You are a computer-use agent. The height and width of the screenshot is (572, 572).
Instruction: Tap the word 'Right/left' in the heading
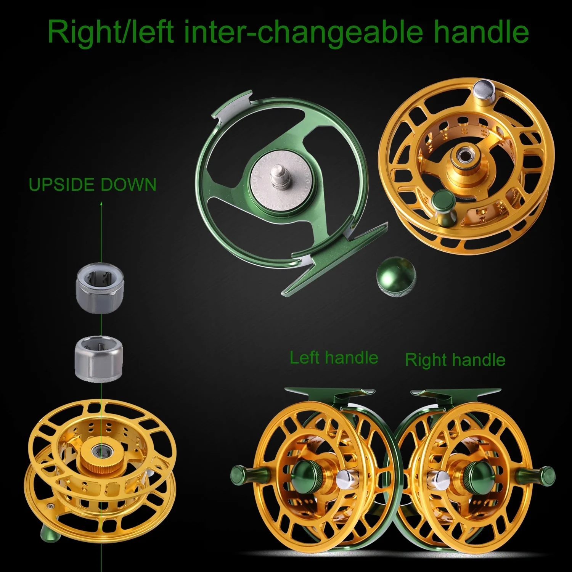pos(111,32)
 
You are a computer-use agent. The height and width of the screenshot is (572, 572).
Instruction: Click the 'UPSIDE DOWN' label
pos(93,185)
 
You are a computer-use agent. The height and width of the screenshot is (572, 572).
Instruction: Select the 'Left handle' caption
pos(334,357)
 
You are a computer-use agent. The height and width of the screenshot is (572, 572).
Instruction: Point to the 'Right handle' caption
pos(455,360)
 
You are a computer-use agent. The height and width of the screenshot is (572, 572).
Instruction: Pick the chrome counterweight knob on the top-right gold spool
pos(482,94)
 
